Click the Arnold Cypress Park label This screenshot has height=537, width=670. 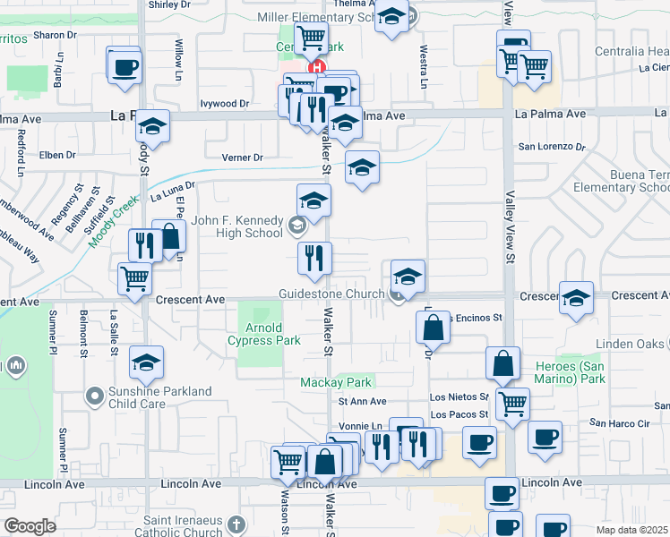click(263, 334)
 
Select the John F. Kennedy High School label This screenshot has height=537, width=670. click(236, 227)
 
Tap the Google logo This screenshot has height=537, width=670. click(30, 526)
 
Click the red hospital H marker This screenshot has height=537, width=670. click(315, 67)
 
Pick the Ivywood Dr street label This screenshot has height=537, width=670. click(225, 104)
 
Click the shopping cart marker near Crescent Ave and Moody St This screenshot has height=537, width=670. click(134, 277)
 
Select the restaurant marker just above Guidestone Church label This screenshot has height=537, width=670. click(314, 259)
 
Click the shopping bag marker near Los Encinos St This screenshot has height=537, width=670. click(433, 328)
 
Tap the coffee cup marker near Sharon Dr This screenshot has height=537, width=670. click(125, 66)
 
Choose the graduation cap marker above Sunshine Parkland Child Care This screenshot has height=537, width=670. click(146, 362)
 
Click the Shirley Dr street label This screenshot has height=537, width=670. click(170, 4)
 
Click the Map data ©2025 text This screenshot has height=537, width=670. click(632, 529)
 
